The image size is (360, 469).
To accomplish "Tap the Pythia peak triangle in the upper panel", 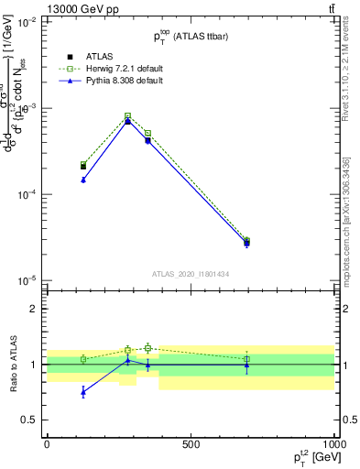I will pos(127,121).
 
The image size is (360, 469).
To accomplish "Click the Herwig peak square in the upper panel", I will pos(127,115).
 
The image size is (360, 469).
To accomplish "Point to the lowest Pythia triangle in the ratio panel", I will pos(83,392).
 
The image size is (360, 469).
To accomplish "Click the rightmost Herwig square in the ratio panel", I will pos(246,359).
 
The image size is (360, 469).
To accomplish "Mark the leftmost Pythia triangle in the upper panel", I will pos(83,180).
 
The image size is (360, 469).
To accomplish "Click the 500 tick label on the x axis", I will pos(191,444).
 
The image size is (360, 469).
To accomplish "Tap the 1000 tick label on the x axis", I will pos(335,444).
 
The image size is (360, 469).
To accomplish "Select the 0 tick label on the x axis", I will pos(47,444).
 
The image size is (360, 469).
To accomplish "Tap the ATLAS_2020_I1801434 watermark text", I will pos(191,274).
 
